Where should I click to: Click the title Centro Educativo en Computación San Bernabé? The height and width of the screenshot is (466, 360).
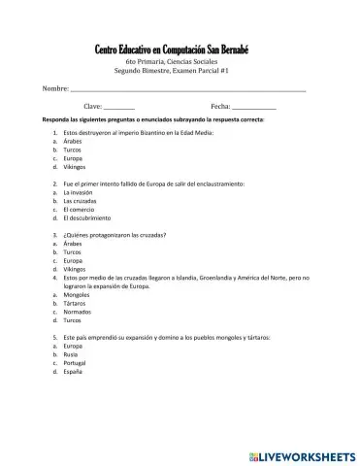pyautogui.click(x=180, y=50)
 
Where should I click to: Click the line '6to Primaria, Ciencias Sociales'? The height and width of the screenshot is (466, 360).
pyautogui.click(x=180, y=62)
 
